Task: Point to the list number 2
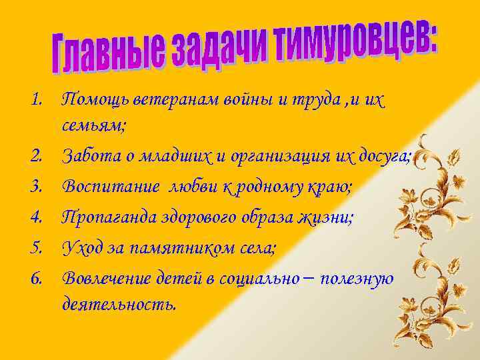[x=36, y=157]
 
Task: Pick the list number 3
[x=36, y=187]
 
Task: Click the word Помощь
[x=97, y=101]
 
